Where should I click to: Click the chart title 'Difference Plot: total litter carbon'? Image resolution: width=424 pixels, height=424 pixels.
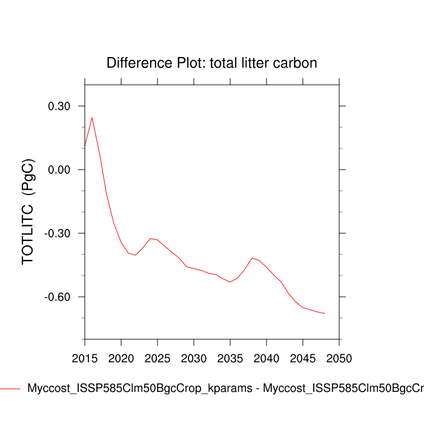[x=212, y=63]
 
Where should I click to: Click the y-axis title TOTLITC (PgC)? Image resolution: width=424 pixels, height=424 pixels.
[x=28, y=211]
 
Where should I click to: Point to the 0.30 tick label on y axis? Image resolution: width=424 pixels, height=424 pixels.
[x=59, y=107]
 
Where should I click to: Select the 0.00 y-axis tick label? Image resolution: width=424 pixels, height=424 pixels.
[x=59, y=170]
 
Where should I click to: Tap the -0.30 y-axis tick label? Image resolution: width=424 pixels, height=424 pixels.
[x=58, y=234]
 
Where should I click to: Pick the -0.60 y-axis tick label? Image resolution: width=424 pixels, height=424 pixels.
[x=58, y=297]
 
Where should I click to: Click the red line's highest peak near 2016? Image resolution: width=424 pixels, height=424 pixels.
[x=92, y=118]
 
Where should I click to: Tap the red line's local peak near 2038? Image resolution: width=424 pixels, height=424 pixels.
[x=252, y=258]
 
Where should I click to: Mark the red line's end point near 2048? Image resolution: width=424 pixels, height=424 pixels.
[x=325, y=313]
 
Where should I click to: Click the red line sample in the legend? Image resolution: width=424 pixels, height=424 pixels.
[x=10, y=388]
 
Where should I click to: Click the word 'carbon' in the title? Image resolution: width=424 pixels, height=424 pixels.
[x=297, y=63]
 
